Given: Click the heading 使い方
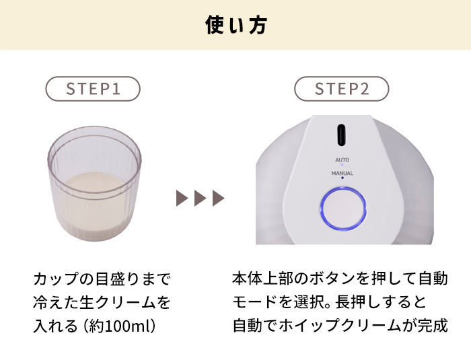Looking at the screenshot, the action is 236,25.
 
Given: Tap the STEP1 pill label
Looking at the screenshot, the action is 93,89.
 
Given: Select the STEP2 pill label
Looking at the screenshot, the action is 342,89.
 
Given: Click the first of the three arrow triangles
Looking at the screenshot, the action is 182,198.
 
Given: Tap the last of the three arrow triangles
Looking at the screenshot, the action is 219,198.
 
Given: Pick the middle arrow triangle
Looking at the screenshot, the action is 201,198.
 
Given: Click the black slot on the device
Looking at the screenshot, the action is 341,135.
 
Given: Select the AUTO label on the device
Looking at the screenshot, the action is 342,160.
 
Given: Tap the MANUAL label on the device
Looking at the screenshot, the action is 342,173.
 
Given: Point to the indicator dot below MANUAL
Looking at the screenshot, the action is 342,178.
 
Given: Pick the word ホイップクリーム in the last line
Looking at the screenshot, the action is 341,326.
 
